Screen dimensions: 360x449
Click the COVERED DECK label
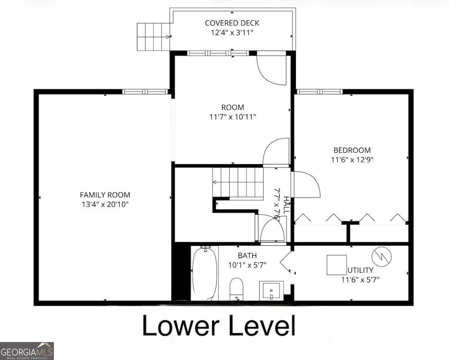tap(232, 23)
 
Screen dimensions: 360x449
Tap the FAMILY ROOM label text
tap(105, 195)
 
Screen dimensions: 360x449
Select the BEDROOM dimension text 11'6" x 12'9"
tap(352, 159)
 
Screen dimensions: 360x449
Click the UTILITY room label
tap(360, 270)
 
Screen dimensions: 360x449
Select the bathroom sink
tap(271, 290)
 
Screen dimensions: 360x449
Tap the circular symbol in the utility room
tap(381, 257)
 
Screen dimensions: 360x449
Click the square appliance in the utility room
tap(337, 265)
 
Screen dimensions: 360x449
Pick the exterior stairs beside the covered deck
tap(153, 37)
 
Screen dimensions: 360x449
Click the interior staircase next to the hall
tap(238, 182)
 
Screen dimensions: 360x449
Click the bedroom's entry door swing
tap(306, 184)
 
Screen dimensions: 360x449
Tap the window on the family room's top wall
tap(145, 92)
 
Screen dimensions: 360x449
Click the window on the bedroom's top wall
tap(320, 92)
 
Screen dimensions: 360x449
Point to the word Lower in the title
tap(180, 326)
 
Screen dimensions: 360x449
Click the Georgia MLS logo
tap(27, 351)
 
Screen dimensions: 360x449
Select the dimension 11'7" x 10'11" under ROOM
tap(233, 117)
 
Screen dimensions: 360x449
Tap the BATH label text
tap(247, 256)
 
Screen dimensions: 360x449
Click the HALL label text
tap(286, 205)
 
